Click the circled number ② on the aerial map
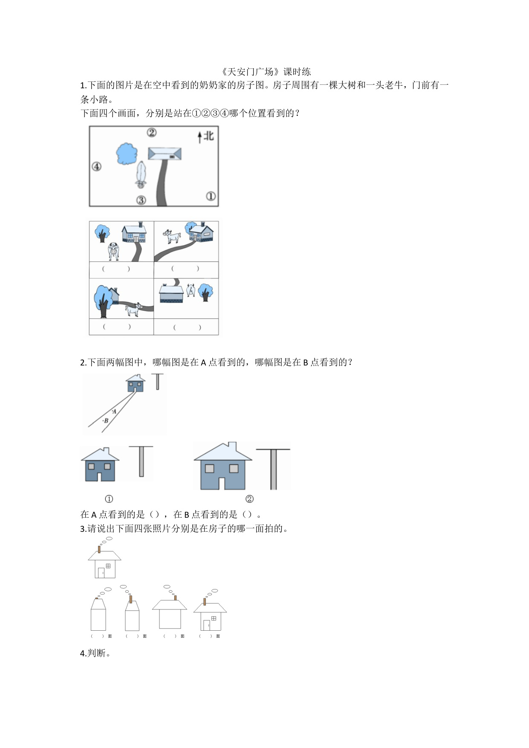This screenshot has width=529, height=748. [x=152, y=132]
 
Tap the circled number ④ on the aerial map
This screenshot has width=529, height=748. [x=97, y=166]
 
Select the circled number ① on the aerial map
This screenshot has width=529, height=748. [x=211, y=196]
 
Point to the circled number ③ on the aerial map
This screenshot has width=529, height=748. [x=141, y=200]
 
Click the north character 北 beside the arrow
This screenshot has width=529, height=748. [x=208, y=136]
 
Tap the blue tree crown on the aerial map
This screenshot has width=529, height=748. [x=127, y=154]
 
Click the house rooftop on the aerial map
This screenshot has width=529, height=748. [x=165, y=154]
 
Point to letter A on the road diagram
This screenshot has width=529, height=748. [x=114, y=412]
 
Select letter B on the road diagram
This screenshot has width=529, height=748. [x=106, y=420]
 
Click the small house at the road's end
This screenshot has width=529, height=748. [x=136, y=383]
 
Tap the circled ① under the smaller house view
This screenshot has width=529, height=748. [x=109, y=499]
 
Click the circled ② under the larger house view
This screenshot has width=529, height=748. [x=249, y=499]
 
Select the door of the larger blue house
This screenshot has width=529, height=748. [x=222, y=483]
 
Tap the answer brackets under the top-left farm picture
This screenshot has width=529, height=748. [x=116, y=269]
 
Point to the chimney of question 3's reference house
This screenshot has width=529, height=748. [x=99, y=549]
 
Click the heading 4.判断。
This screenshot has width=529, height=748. [x=95, y=653]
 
